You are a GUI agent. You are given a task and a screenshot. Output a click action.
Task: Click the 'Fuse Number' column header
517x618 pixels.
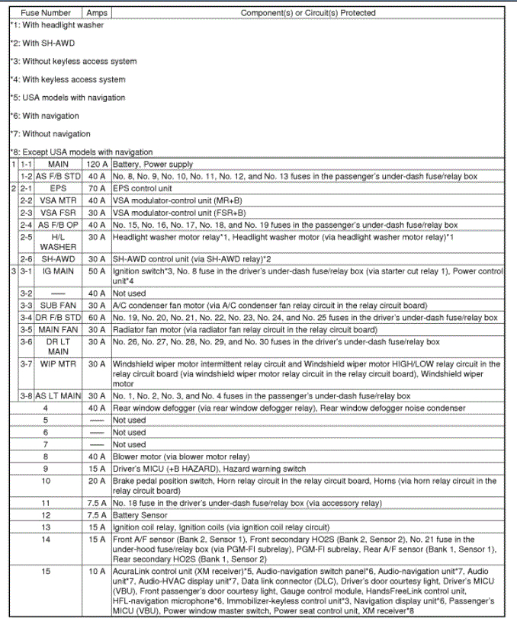point(46,13)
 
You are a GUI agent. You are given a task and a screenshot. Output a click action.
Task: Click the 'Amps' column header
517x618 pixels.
point(97,13)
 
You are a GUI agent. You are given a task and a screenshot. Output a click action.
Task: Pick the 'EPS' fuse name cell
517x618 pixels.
point(58,188)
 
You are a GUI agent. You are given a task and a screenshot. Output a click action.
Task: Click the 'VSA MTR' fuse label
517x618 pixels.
point(58,200)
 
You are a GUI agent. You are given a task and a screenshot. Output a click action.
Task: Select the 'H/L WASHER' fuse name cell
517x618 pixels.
point(58,242)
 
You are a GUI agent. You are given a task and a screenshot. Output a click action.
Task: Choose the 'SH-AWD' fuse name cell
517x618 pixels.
point(58,259)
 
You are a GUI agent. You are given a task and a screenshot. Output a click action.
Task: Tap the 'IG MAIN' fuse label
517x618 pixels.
point(58,271)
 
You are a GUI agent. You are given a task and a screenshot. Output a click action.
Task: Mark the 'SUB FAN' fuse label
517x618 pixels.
point(58,305)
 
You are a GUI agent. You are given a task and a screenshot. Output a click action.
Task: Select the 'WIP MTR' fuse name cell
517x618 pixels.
point(58,364)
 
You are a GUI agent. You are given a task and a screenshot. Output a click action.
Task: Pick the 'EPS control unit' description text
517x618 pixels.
point(143,188)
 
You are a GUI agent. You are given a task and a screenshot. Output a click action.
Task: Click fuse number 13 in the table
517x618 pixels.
point(46,527)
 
